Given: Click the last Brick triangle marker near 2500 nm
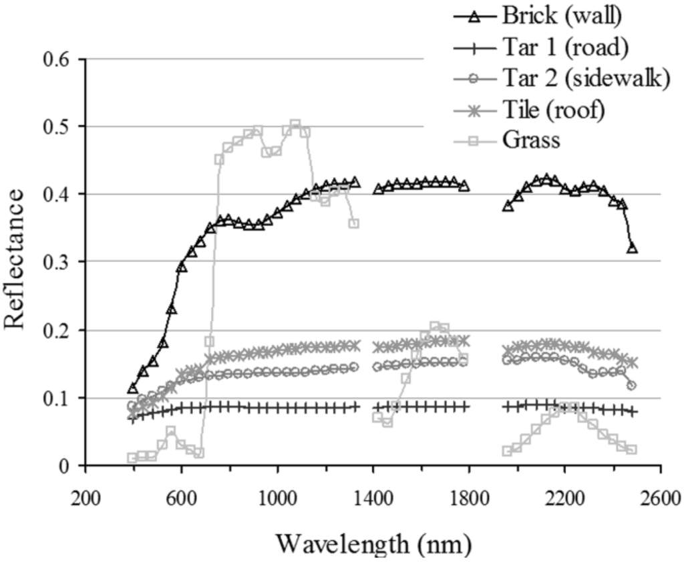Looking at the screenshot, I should [x=632, y=248].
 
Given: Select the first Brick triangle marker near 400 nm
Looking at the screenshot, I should [x=132, y=388].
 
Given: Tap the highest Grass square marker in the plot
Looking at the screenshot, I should [x=295, y=125].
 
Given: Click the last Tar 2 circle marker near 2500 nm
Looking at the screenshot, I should [x=632, y=385].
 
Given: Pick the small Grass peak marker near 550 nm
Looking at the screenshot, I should [x=171, y=431].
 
